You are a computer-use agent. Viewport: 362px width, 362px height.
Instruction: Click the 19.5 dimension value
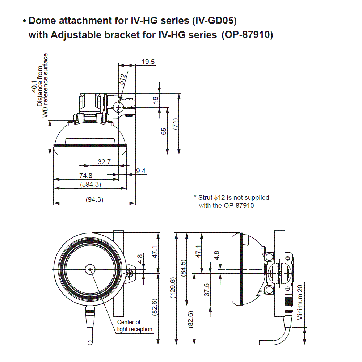pos(148,62)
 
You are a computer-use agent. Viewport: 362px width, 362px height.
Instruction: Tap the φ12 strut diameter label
pos(123,79)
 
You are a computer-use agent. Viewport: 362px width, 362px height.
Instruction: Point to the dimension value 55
pos(164,131)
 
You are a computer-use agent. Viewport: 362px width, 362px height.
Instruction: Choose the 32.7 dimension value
pos(104,162)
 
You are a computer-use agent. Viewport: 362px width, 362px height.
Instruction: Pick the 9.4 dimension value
pos(141,171)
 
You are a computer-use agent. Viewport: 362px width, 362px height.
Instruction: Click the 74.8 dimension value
pos(86,176)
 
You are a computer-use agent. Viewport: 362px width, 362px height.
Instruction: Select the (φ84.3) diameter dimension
pos(90,185)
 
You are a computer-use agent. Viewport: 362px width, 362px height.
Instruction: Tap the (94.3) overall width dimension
pos(94,199)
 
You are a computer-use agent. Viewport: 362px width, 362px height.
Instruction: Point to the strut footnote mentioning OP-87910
pos(232,201)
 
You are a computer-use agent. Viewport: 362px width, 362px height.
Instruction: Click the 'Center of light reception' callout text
pos(134,326)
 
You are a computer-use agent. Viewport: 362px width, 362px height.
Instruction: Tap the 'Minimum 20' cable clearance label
pos(300,302)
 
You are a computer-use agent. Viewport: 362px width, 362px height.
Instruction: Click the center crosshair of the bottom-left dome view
pos(90,269)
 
